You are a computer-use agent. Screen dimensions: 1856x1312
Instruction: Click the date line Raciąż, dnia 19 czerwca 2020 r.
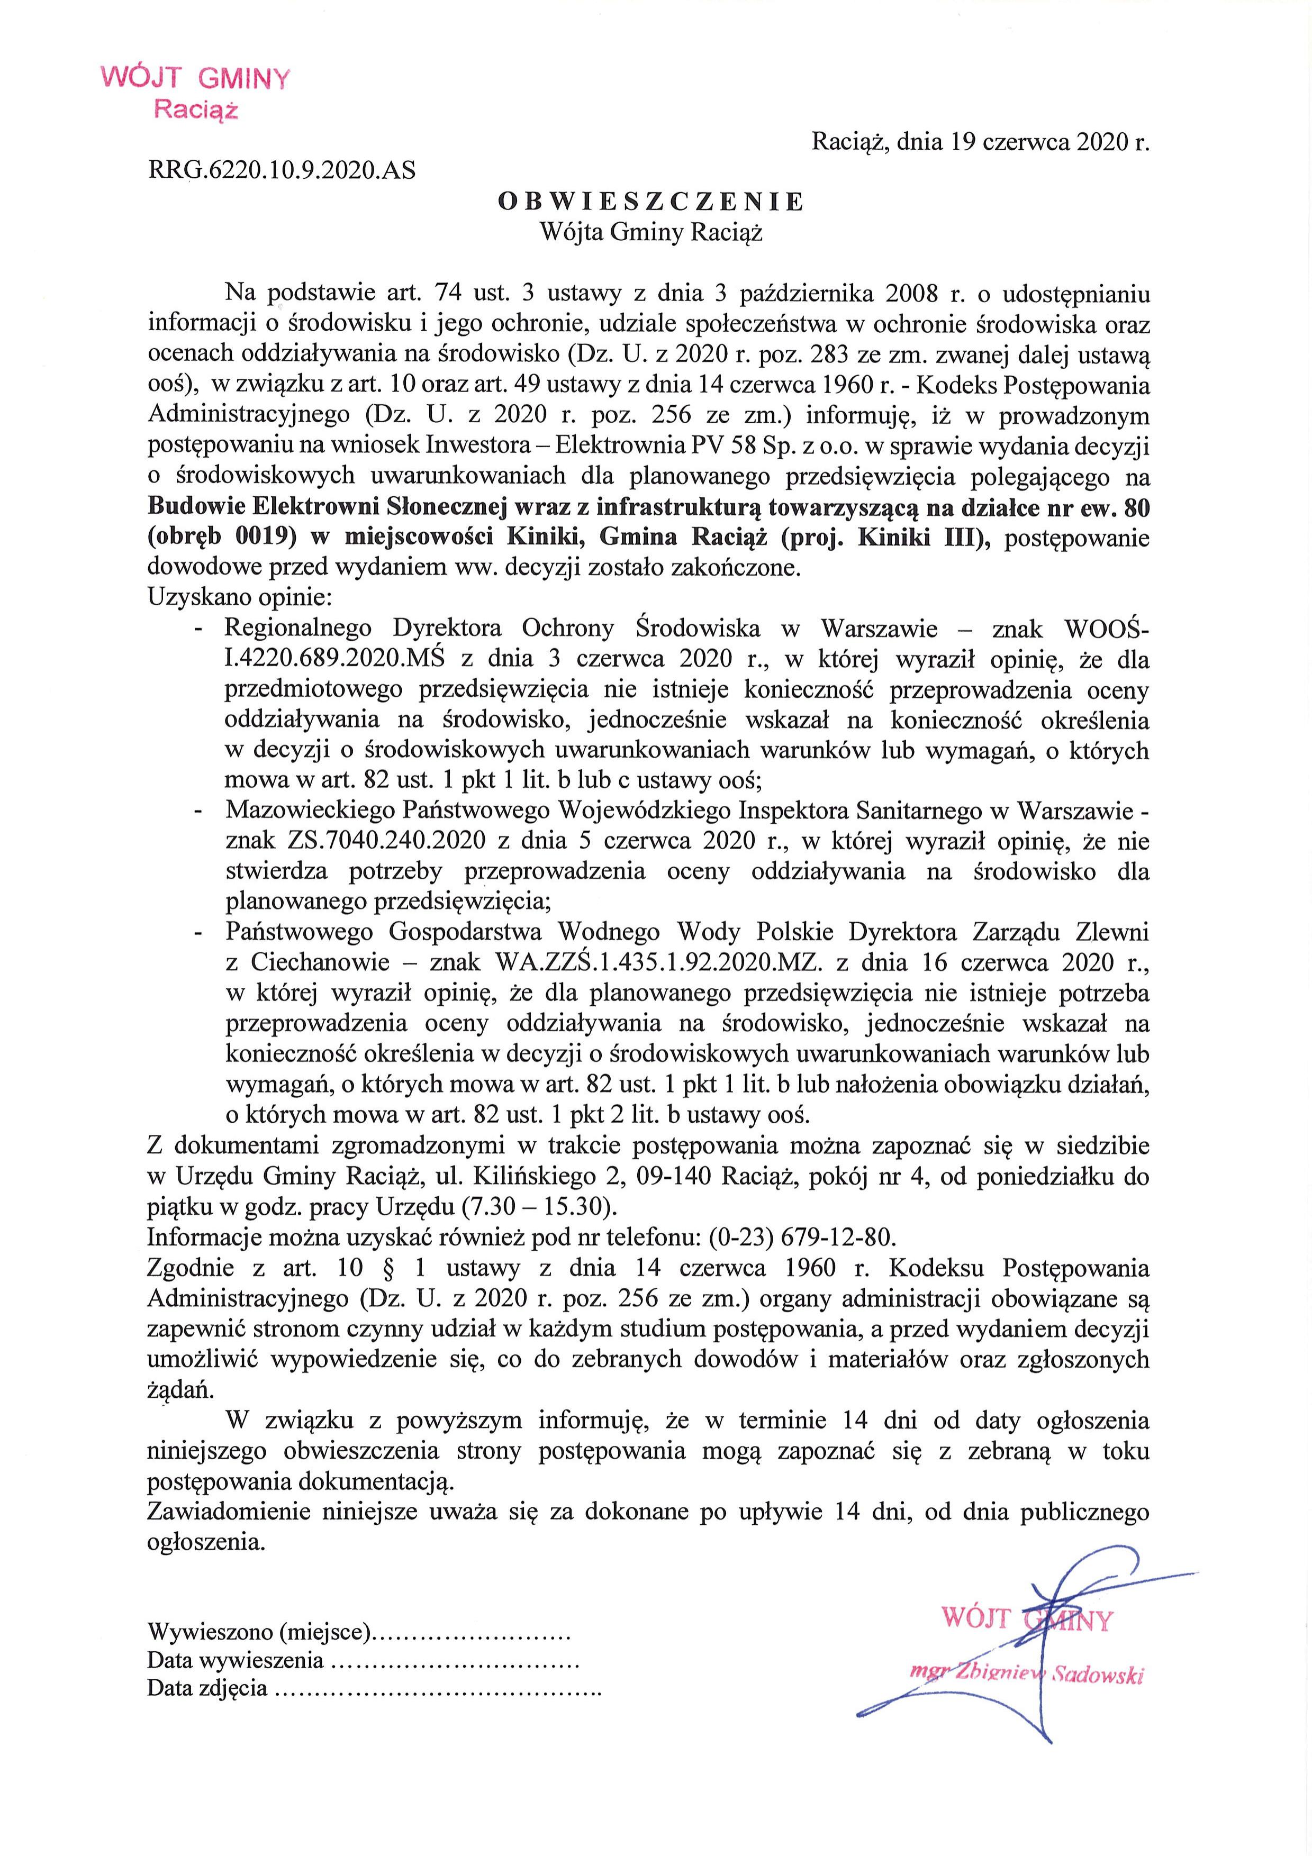click(979, 142)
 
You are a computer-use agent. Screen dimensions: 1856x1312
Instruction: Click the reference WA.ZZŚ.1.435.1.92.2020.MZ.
click(656, 963)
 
